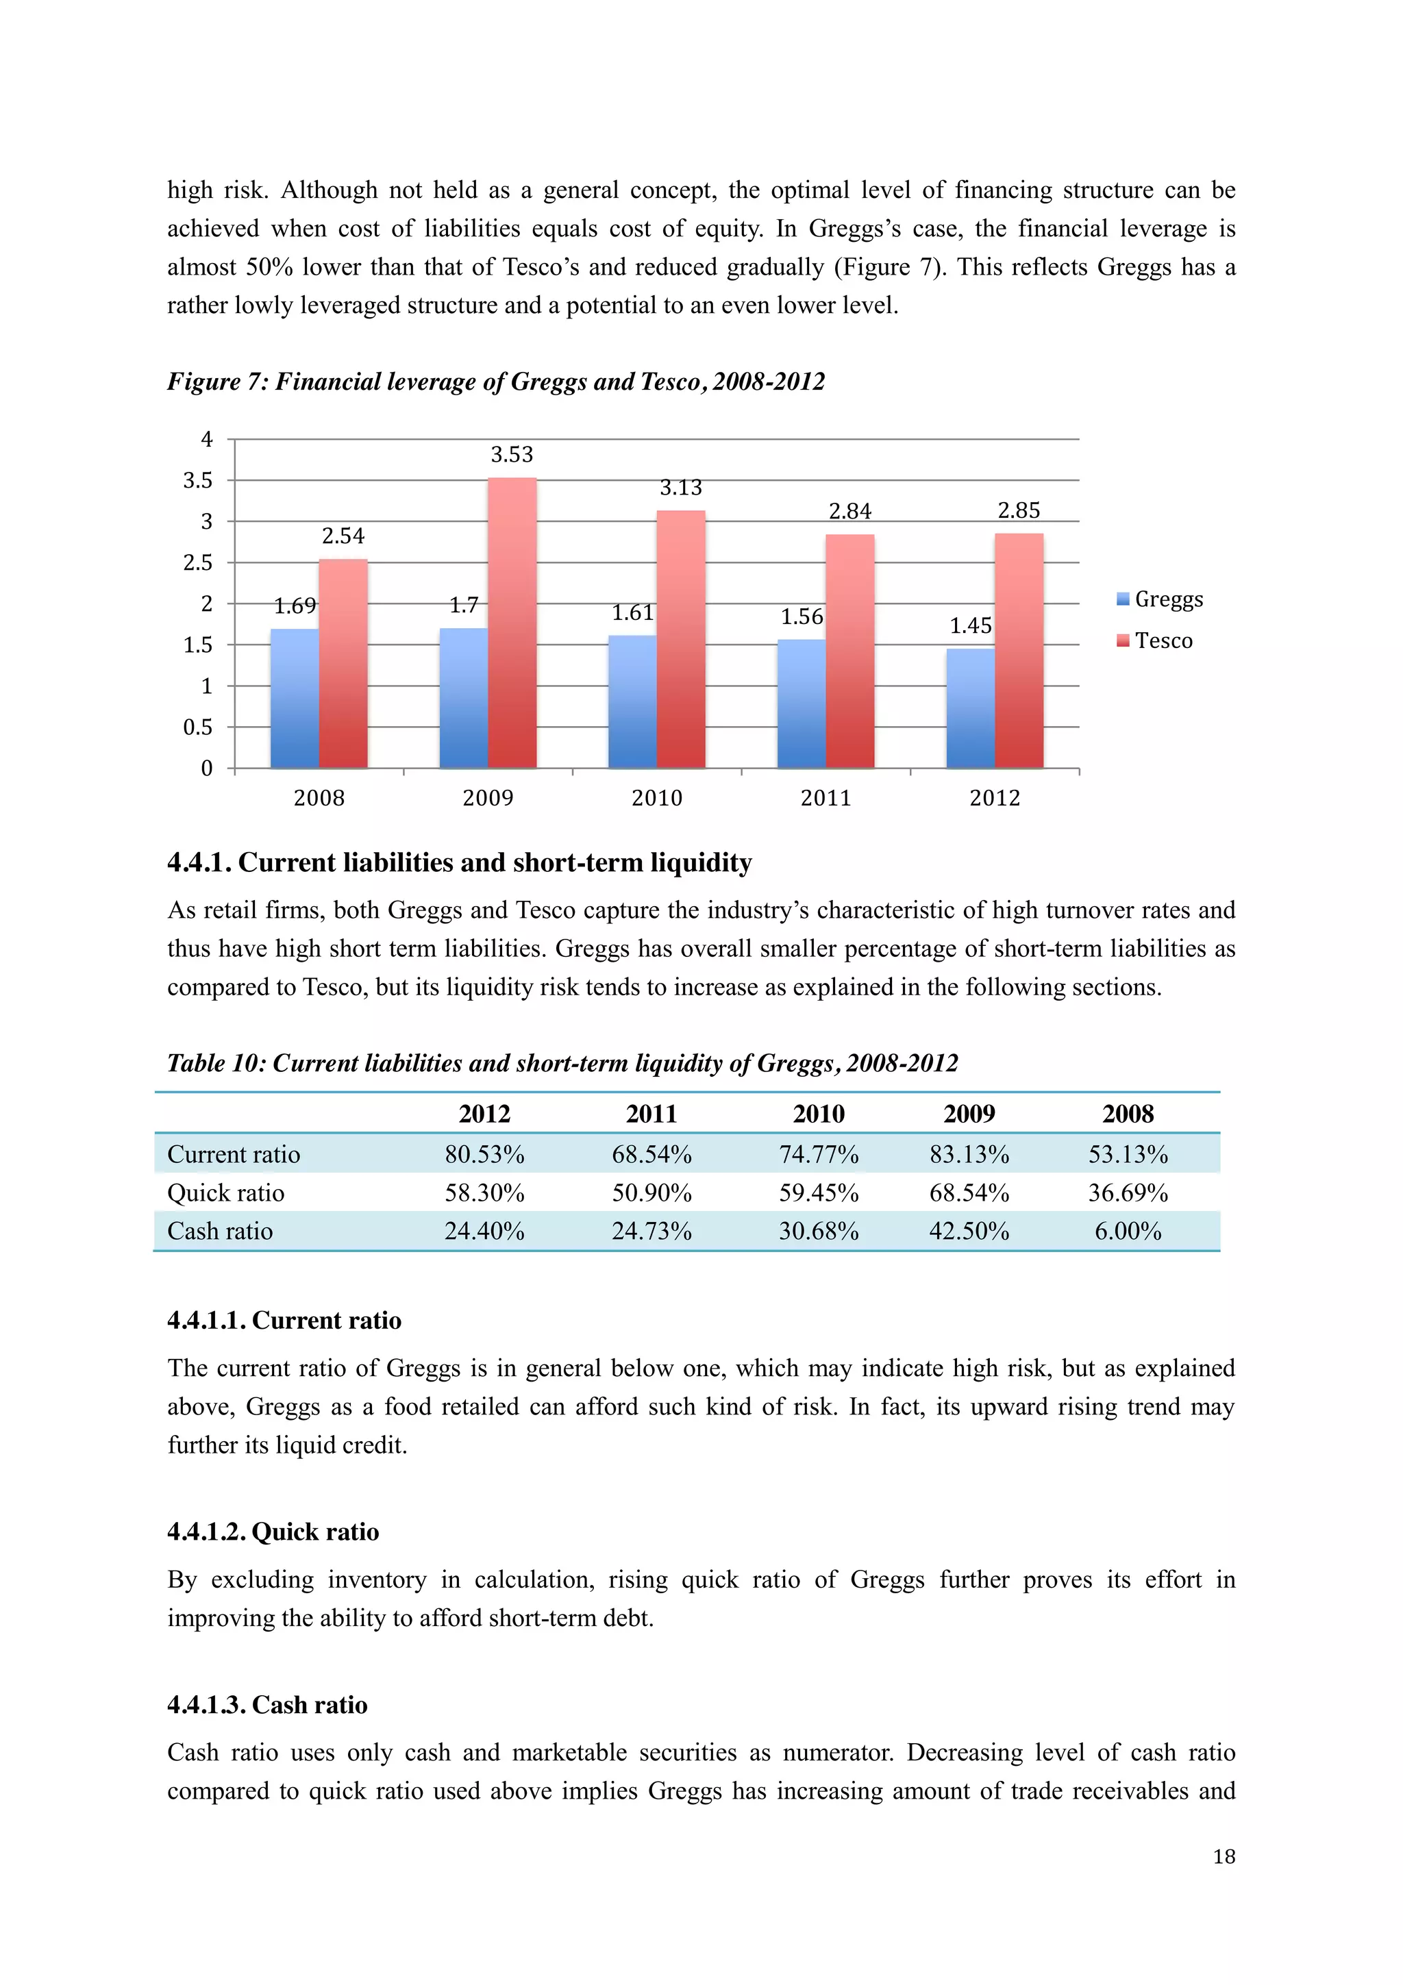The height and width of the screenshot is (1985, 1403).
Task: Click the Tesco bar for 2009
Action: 512,623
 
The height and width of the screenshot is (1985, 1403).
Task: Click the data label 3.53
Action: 512,455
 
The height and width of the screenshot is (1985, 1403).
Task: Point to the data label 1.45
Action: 970,625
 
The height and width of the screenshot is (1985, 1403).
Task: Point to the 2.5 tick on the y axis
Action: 198,563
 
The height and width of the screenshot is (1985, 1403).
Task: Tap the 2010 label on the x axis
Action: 657,798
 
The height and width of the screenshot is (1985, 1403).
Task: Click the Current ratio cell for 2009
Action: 969,1154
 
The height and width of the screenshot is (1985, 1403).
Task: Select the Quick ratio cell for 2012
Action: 484,1193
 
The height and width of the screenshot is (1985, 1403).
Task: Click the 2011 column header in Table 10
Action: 651,1114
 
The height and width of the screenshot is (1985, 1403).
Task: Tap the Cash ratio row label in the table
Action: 221,1231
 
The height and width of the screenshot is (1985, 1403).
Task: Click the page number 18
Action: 1224,1857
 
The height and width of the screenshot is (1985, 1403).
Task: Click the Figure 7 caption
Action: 496,382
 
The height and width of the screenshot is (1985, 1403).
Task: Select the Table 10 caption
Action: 562,1062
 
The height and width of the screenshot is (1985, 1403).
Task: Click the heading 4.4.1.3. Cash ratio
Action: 267,1705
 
